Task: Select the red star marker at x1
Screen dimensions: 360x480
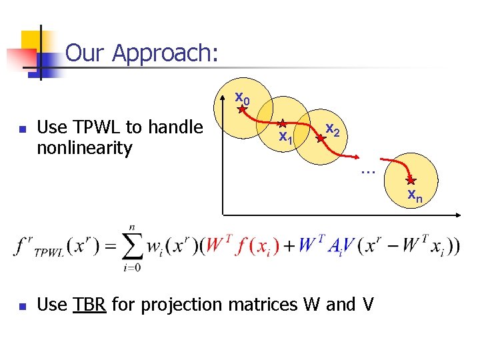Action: [282, 124]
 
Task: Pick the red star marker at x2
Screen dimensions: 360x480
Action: [320, 139]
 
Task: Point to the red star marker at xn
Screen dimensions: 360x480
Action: [411, 180]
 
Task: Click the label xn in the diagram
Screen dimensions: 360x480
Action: [414, 195]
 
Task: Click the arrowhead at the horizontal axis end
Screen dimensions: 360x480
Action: [459, 214]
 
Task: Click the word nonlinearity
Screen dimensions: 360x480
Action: [85, 147]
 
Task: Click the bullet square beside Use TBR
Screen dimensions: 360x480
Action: [23, 307]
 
